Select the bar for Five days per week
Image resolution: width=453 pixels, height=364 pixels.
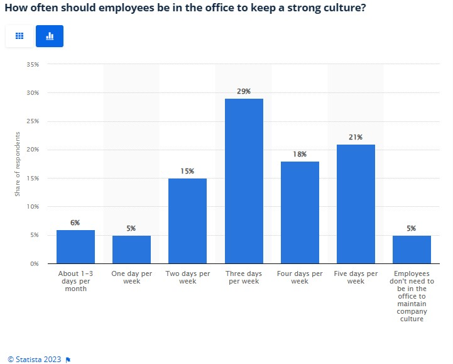(x=356, y=204)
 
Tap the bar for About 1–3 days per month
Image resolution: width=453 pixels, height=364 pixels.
(x=75, y=246)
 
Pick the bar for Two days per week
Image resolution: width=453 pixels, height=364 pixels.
(x=187, y=221)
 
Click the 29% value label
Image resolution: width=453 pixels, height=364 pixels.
(x=244, y=92)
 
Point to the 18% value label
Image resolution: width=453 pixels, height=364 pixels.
(x=300, y=154)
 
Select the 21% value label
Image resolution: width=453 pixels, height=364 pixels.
(x=356, y=137)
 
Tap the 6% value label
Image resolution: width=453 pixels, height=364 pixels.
(x=75, y=223)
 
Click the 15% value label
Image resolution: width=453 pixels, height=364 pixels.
(x=187, y=171)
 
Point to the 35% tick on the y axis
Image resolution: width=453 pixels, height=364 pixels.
(x=33, y=64)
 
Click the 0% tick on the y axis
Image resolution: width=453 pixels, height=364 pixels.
(x=35, y=263)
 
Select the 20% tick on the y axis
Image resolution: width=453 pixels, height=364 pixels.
(x=33, y=150)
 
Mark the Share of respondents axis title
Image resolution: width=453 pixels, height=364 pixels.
(x=18, y=164)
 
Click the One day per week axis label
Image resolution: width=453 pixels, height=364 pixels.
(x=131, y=277)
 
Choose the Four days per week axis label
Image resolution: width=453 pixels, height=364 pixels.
(x=300, y=277)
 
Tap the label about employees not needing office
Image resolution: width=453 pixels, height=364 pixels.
(x=412, y=296)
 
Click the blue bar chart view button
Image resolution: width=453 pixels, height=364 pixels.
(x=50, y=36)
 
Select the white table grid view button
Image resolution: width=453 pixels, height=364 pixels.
(x=19, y=36)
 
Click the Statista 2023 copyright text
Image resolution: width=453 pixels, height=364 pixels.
(x=35, y=359)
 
